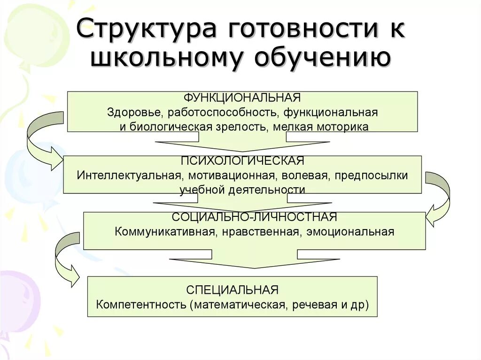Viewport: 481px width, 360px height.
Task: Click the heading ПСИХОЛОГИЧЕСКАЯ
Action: [x=242, y=161]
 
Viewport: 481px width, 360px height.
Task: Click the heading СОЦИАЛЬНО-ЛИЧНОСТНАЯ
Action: [x=254, y=217]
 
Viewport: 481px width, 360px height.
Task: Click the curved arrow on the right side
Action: [x=439, y=197]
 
